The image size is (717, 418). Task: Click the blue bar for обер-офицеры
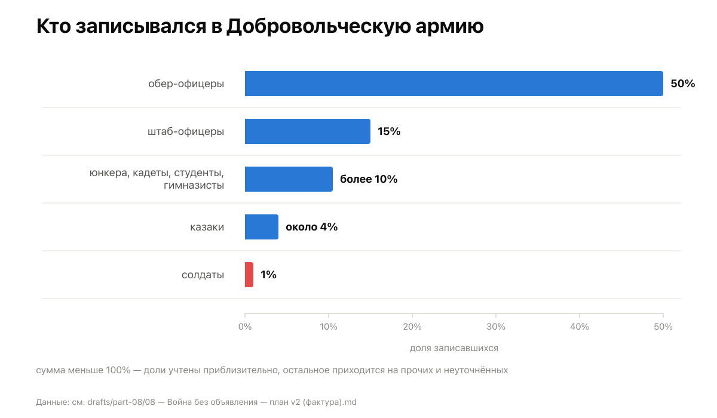454,84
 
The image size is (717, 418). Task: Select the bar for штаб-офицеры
308,131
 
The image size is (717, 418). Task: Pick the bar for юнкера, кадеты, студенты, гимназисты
289,179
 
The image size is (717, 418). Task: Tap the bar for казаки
262,227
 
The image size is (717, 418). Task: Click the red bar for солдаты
249,275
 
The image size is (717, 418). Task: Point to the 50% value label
683,84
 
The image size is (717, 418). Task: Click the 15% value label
389,131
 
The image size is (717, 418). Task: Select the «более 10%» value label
369,179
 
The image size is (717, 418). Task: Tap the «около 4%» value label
311,227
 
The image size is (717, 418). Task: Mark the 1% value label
268,275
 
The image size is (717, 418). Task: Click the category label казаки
207,227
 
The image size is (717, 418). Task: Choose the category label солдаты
203,275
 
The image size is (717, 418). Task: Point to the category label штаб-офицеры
186,131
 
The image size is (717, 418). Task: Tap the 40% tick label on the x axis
580,327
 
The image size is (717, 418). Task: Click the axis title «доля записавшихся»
454,348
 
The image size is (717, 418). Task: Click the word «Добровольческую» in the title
318,26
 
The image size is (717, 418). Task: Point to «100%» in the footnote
118,370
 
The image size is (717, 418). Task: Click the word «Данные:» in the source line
53,402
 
